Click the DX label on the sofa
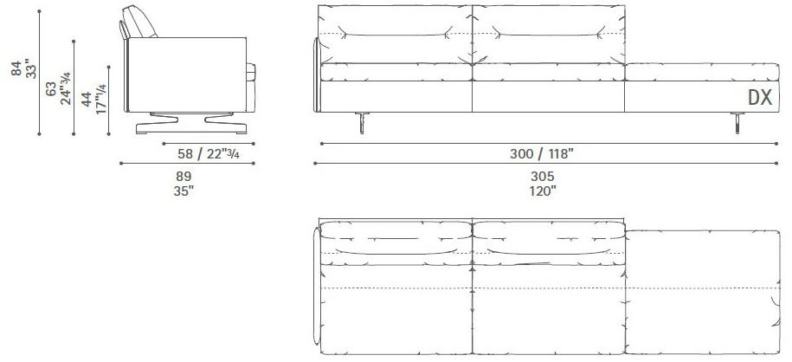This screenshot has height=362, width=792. [759, 98]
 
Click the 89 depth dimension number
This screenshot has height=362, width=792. [184, 175]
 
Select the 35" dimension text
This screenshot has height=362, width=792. [184, 191]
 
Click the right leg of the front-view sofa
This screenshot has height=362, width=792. [736, 124]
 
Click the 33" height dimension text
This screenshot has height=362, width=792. [32, 68]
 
